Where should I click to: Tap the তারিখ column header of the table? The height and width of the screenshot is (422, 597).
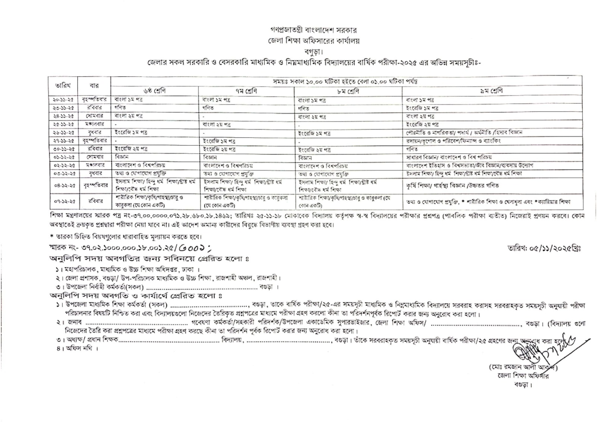63,85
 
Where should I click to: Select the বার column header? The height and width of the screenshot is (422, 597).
94,85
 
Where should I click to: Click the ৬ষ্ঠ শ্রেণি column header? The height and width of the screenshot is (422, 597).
154,91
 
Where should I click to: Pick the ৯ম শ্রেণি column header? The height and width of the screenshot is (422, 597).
492,91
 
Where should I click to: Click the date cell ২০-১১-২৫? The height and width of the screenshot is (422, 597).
63,100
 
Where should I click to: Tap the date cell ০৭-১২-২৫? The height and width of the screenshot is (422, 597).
63,201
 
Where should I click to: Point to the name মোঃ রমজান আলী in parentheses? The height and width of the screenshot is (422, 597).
517,368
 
